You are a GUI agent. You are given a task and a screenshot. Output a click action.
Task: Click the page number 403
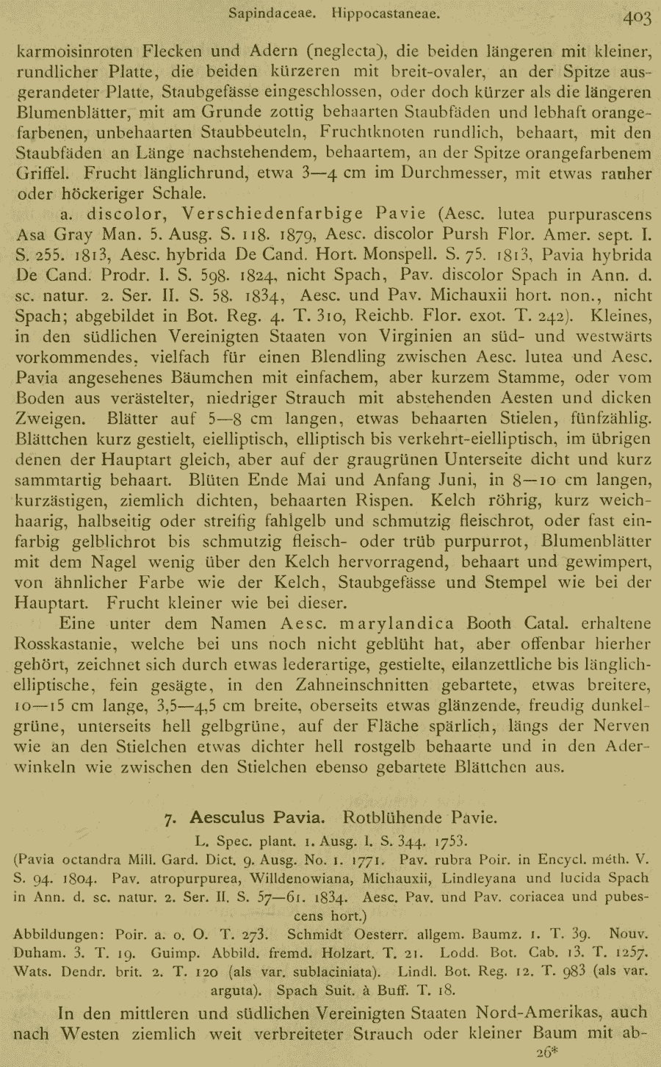coord(636,18)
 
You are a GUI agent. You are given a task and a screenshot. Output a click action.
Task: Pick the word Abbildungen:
coord(59,935)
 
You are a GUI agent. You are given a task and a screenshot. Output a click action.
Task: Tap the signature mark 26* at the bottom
coord(548,1052)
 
